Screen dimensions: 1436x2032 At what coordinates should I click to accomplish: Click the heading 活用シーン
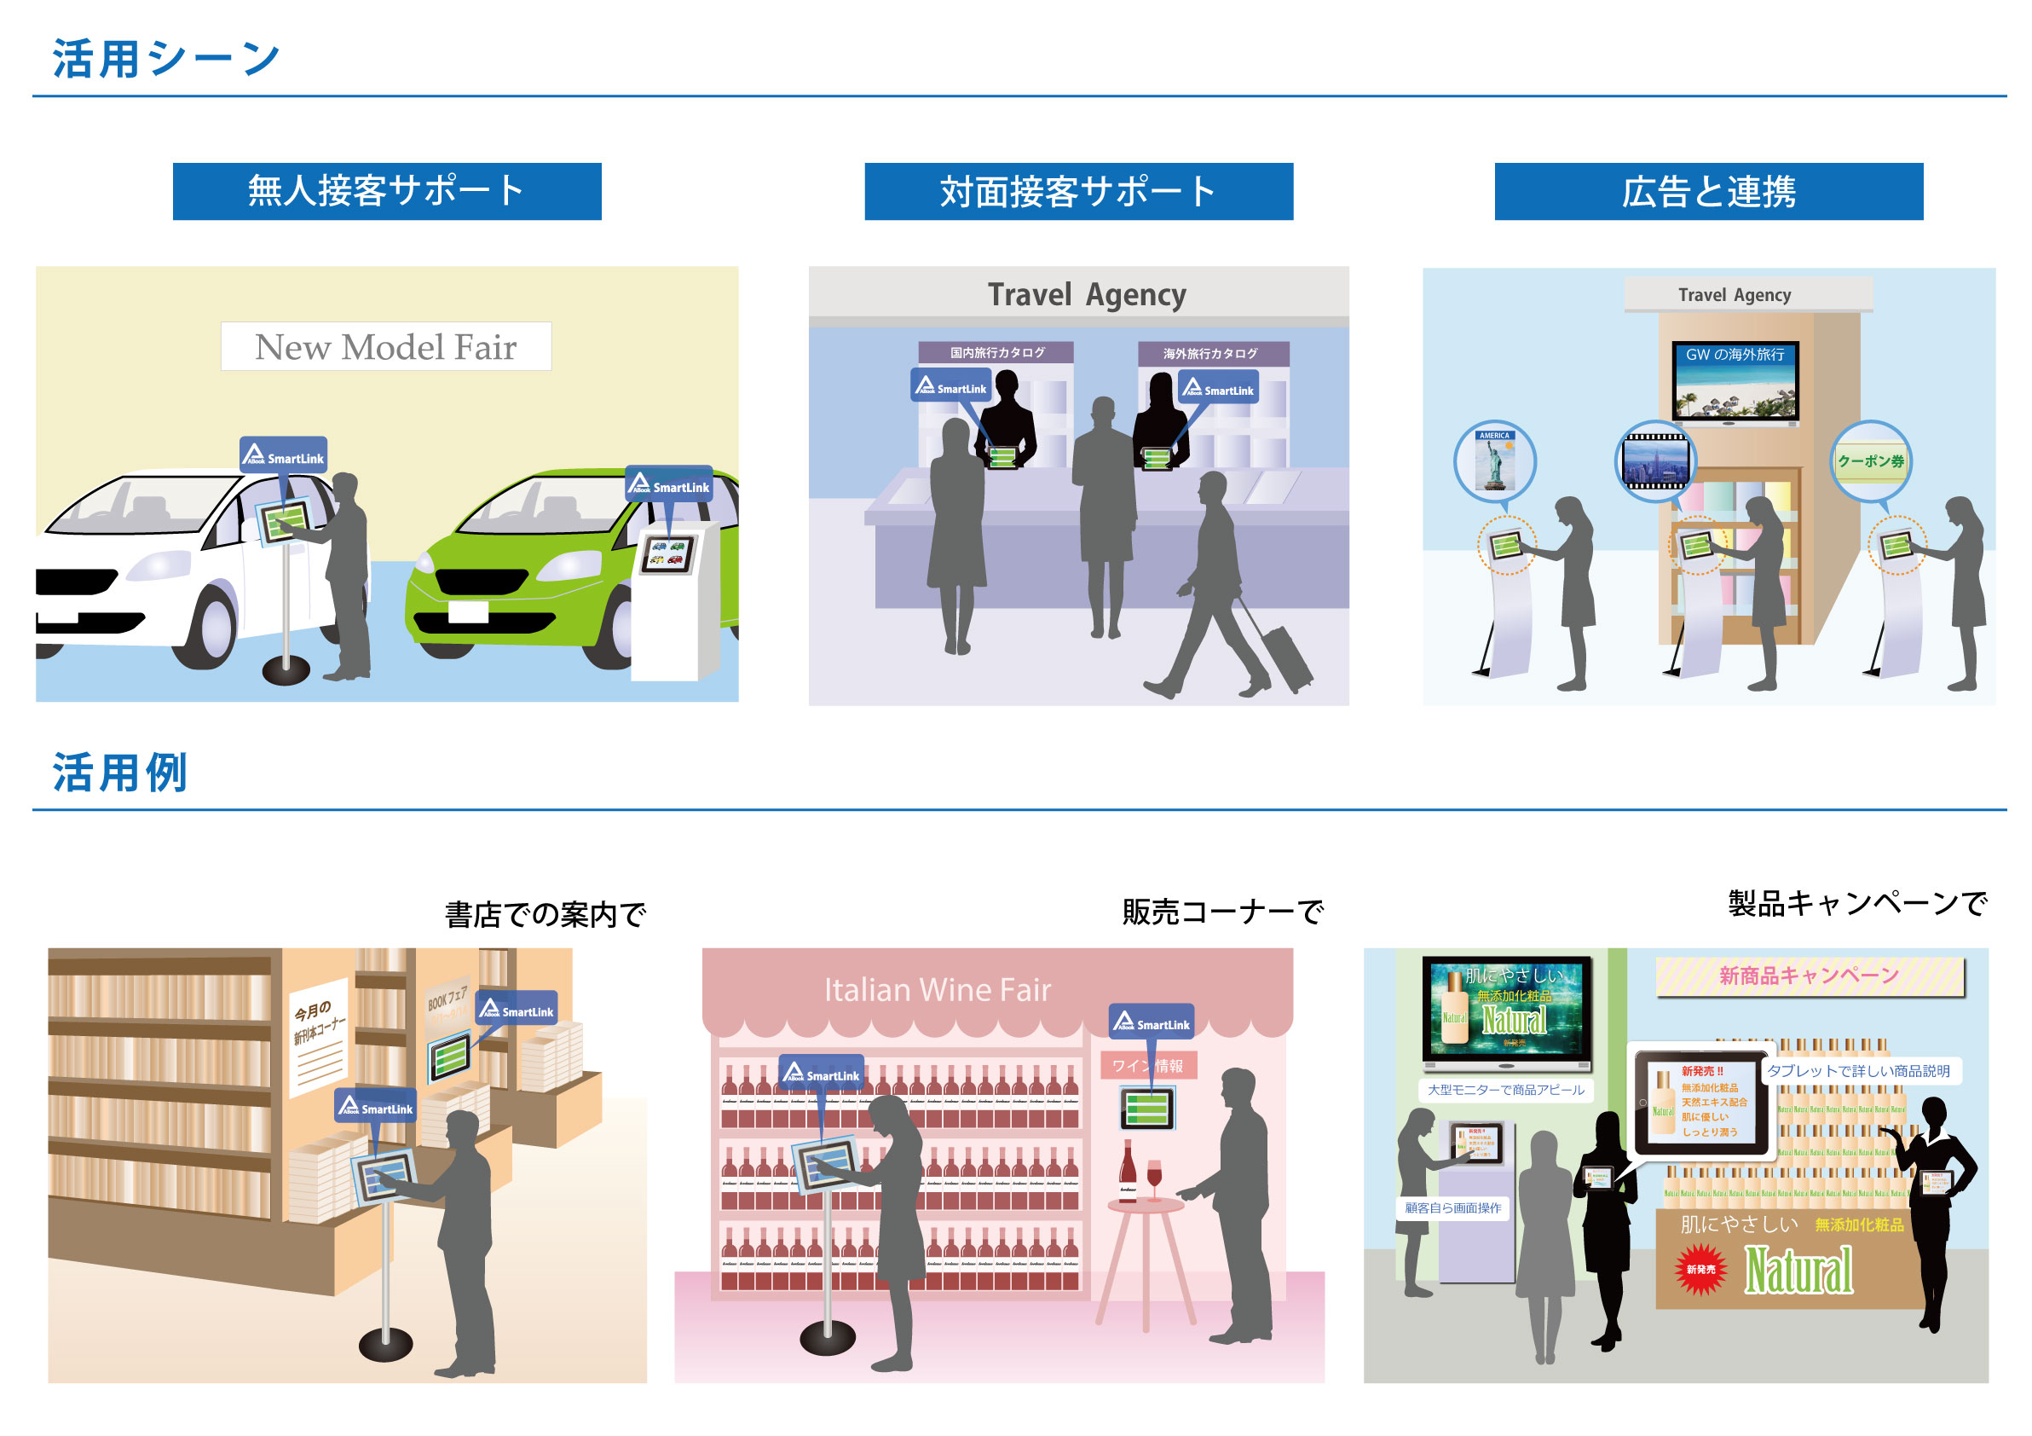pos(166,60)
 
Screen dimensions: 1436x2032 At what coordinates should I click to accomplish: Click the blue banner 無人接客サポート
pos(387,191)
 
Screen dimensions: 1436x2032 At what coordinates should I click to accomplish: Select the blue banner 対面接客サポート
pos(1078,191)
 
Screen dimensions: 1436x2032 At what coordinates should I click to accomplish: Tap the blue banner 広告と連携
pos(1708,191)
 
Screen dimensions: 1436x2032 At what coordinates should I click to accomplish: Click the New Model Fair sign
pos(386,347)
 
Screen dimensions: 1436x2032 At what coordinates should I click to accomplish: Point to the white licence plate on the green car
pos(468,611)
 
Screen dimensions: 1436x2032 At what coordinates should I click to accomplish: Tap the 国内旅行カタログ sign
pos(996,353)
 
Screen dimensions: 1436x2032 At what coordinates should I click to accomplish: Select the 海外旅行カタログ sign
pos(1209,354)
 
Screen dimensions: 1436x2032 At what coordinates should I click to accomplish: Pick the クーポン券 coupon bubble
pos(1871,461)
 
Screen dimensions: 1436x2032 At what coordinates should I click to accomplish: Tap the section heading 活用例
pos(119,772)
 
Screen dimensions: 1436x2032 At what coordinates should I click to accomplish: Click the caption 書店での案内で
pos(546,914)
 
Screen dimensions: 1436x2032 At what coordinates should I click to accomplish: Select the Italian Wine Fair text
pos(938,990)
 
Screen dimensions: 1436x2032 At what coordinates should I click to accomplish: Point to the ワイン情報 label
pos(1148,1066)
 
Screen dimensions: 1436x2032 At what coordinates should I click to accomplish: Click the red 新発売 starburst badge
pos(1700,1270)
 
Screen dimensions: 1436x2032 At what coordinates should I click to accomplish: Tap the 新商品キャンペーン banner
pos(1809,976)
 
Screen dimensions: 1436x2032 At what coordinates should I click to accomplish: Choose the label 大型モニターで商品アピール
pos(1505,1090)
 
